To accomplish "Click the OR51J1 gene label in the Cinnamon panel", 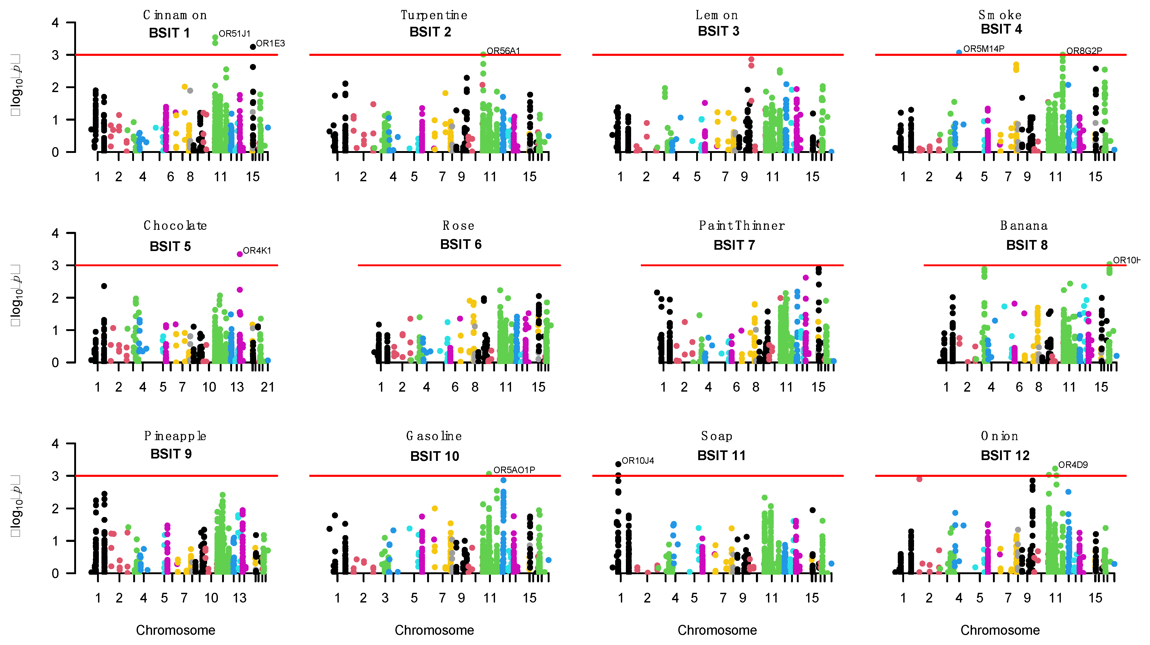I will [x=234, y=34].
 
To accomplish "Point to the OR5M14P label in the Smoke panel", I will [x=984, y=49].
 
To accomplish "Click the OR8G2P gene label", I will [x=1084, y=51].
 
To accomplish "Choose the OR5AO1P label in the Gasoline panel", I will [x=514, y=470].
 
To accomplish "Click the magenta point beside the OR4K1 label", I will [x=240, y=254].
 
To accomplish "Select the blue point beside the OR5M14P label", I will [x=959, y=52].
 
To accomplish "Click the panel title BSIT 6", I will [x=461, y=244].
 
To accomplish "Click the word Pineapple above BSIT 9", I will [x=175, y=436].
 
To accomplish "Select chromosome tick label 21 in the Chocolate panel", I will [x=267, y=387].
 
